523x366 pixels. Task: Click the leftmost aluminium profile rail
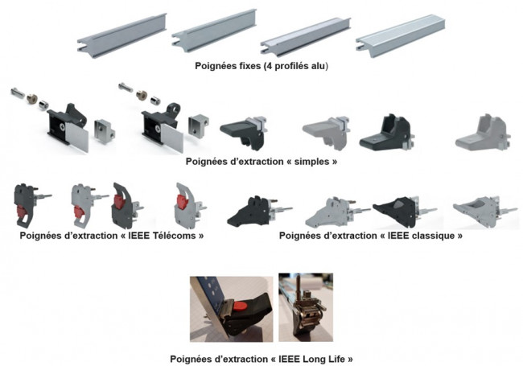(x=122, y=33)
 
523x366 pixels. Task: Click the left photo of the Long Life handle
(x=230, y=308)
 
